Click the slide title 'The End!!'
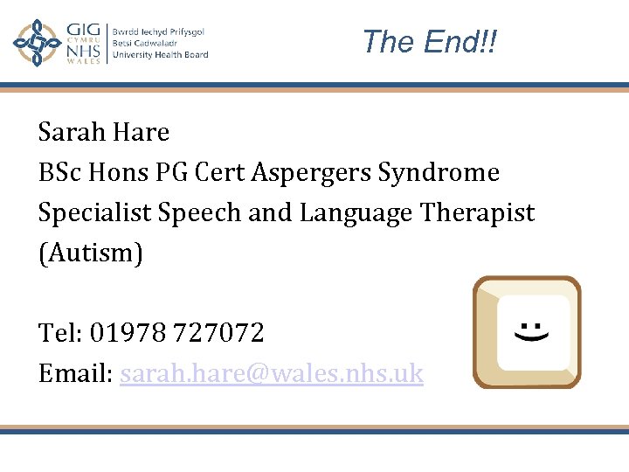pyautogui.click(x=429, y=41)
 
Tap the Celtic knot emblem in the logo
pyautogui.click(x=37, y=43)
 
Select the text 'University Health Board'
pyautogui.click(x=160, y=55)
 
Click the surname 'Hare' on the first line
pyautogui.click(x=140, y=133)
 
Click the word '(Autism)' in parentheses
pyautogui.click(x=90, y=253)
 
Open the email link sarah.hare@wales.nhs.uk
pyautogui.click(x=272, y=374)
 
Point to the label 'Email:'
pyautogui.click(x=75, y=374)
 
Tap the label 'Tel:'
pyautogui.click(x=59, y=333)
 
